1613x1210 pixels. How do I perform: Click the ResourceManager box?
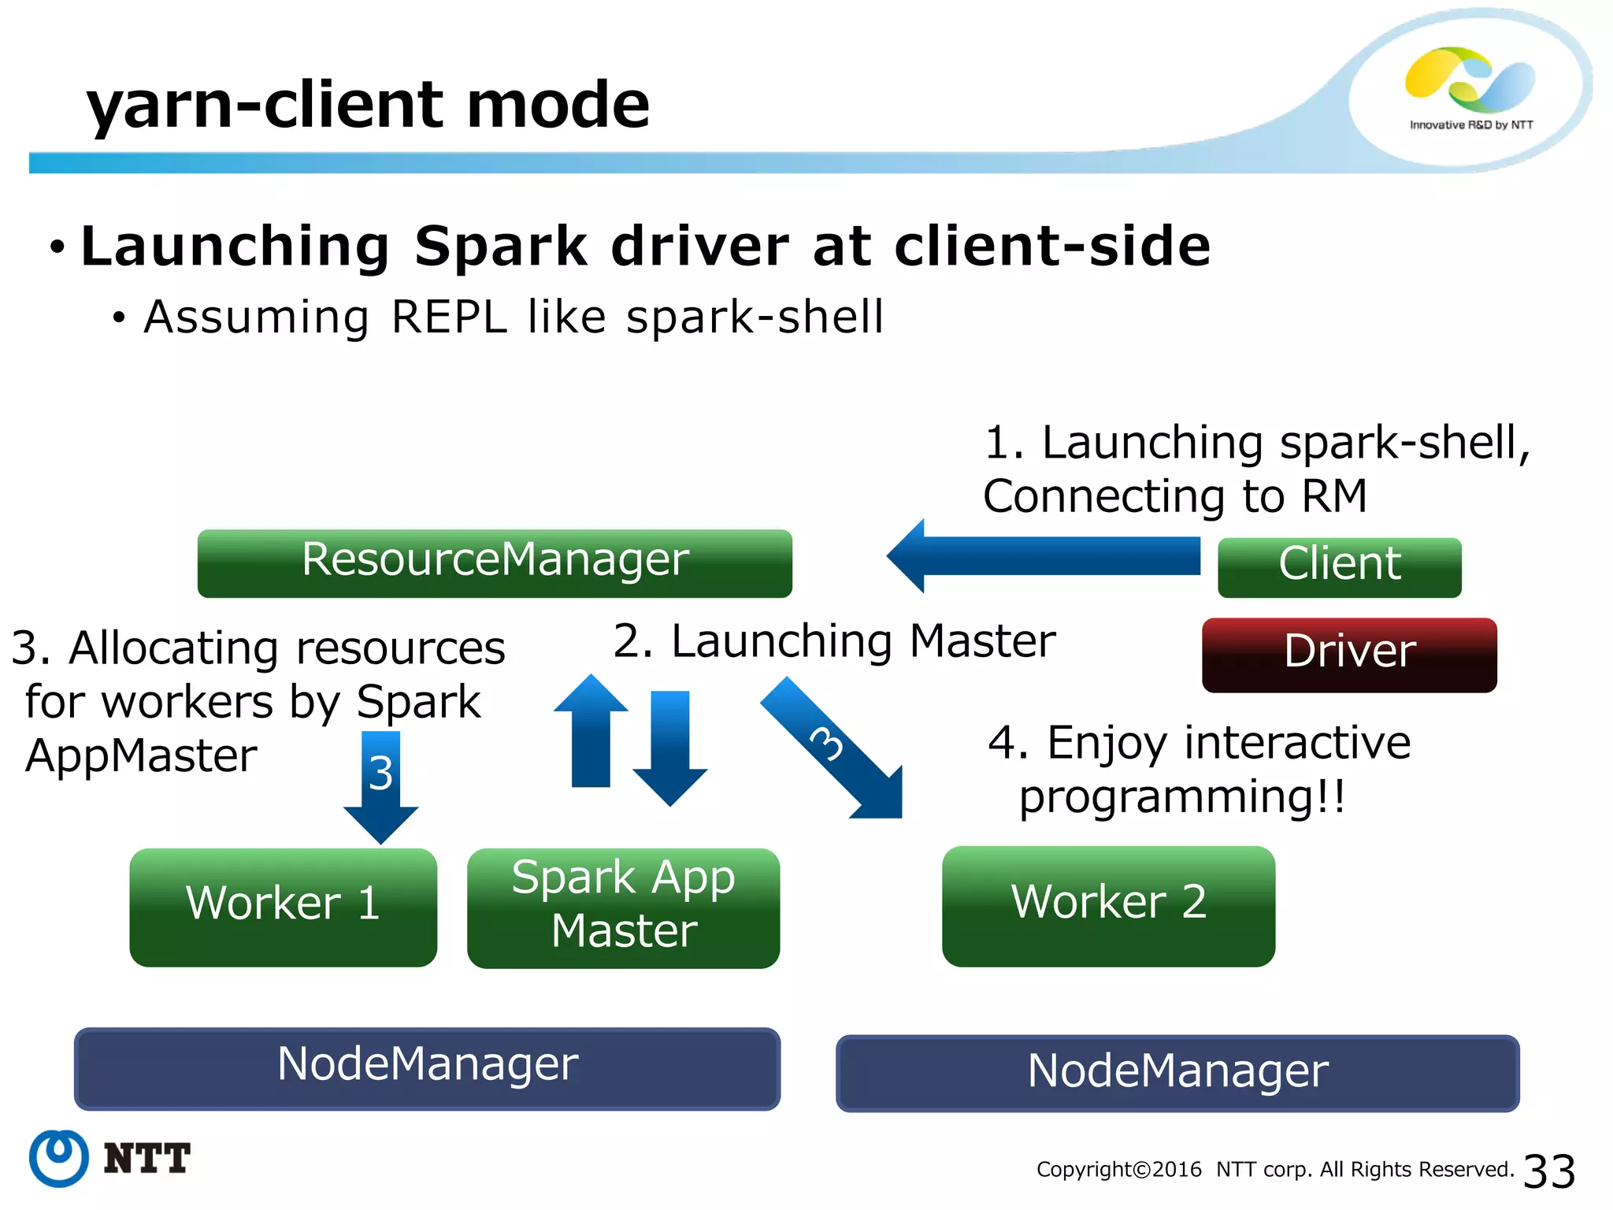point(495,562)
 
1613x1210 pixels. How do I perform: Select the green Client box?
point(1339,566)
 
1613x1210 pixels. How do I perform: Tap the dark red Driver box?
point(1348,654)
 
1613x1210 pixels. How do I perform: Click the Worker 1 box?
point(283,906)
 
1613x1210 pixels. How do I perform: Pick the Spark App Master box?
point(623,907)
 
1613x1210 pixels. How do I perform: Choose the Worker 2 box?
point(1108,906)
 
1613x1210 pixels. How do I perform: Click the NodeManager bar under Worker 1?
point(427,1067)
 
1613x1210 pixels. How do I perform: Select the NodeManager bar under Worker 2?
point(1177,1073)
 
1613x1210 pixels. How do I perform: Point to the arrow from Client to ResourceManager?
point(1048,556)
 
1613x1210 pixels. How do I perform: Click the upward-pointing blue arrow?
point(591,733)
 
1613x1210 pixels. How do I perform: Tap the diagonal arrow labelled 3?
point(835,748)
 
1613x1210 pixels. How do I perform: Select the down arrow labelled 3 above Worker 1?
point(380,784)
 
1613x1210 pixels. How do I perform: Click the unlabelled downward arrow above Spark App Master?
point(670,744)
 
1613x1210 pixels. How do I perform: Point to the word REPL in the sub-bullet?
point(449,317)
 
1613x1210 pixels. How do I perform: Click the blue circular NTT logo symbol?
point(58,1158)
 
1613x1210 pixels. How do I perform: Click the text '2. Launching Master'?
point(833,641)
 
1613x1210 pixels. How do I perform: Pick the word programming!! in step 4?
point(1181,797)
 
